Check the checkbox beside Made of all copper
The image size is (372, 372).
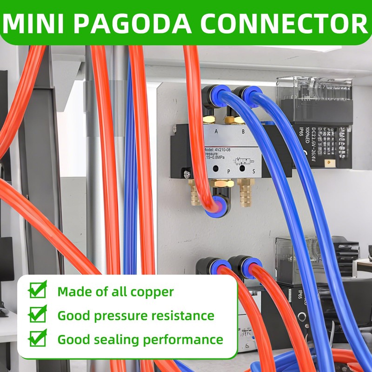pos(38,291)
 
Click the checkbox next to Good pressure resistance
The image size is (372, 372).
pos(38,315)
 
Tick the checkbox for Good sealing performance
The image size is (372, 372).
pos(38,339)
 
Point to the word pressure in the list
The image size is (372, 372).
pos(117,316)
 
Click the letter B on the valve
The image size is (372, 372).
pos(243,132)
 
